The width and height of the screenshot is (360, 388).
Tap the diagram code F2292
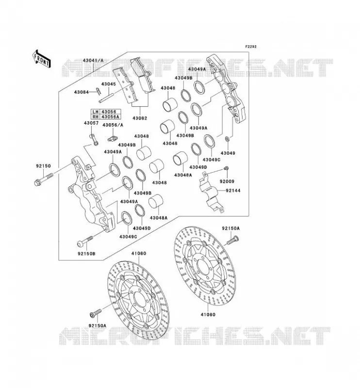(x=251, y=47)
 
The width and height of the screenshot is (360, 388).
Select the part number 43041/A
(x=93, y=60)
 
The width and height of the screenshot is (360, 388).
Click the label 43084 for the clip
(x=81, y=92)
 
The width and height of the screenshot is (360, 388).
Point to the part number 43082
(x=140, y=118)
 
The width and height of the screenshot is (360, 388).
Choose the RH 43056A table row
(x=105, y=116)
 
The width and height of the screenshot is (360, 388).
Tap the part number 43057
(x=91, y=123)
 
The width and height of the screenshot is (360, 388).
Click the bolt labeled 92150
(x=44, y=179)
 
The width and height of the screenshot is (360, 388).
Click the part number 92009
(x=227, y=181)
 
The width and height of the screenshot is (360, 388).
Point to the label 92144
(x=233, y=191)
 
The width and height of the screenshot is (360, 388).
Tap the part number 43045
(x=109, y=84)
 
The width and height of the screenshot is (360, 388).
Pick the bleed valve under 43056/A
(x=113, y=139)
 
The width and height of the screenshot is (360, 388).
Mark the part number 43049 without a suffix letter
(x=228, y=153)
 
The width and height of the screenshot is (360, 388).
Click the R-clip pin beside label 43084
(x=99, y=91)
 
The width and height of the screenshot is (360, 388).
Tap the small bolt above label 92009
(x=226, y=168)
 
